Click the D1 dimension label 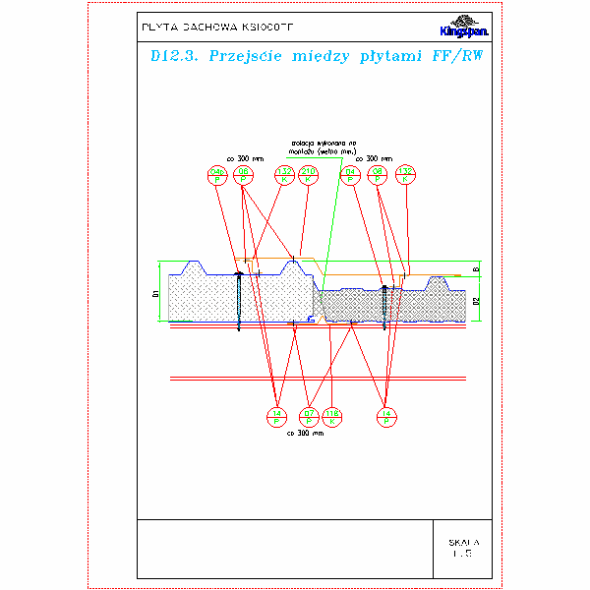[155, 293]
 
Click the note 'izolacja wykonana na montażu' [308, 146]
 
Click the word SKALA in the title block [462, 542]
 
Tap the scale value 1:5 [462, 555]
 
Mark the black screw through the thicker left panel [238, 300]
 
